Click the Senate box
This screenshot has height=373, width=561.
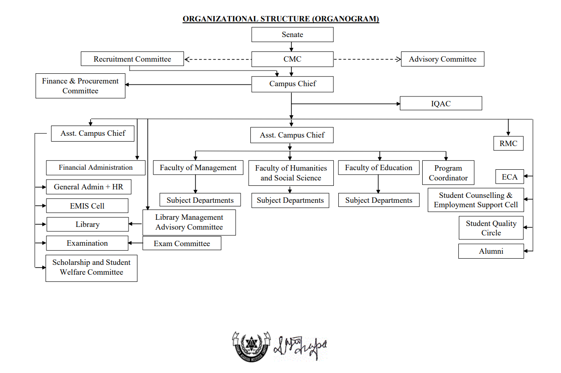[x=292, y=35]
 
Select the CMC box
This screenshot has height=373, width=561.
[x=292, y=59]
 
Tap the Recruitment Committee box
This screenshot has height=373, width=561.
[x=132, y=59]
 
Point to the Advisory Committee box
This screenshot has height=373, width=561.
[x=442, y=59]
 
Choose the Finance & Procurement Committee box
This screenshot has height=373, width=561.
[x=80, y=86]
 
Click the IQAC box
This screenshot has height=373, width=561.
[x=440, y=104]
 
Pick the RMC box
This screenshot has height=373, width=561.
[x=508, y=144]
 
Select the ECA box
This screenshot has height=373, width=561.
[x=509, y=177]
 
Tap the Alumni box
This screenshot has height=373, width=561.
[x=491, y=251]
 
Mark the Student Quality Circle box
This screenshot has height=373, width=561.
[x=491, y=228]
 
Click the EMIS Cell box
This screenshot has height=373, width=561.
[x=87, y=206]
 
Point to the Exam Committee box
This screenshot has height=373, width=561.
[x=182, y=243]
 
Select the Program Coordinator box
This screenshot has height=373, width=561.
[x=448, y=173]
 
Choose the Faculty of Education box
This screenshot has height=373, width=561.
[x=378, y=168]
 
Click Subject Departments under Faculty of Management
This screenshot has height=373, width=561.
[x=200, y=200]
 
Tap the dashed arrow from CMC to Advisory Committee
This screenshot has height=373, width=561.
[x=367, y=59]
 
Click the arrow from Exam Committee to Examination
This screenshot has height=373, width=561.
[x=136, y=243]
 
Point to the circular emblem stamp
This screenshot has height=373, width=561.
[x=251, y=346]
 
